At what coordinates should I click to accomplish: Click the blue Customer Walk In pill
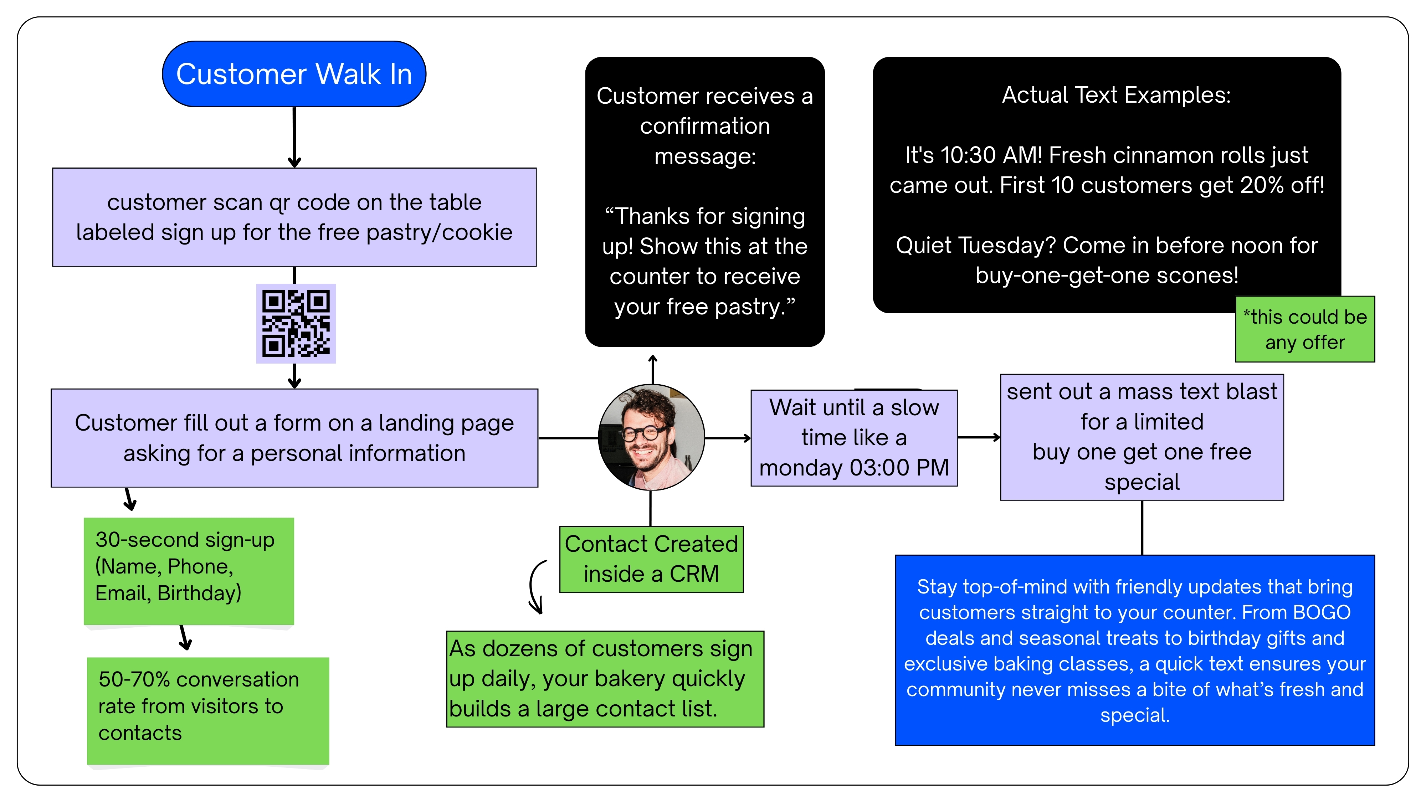point(294,74)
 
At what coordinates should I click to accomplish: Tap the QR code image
point(296,323)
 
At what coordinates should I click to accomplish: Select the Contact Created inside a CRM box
point(651,559)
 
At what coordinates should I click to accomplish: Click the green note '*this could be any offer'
point(1305,329)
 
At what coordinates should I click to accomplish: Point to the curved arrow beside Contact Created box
point(536,587)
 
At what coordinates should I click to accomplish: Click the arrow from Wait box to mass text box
point(979,437)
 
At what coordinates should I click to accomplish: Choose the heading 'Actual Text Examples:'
point(1116,95)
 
